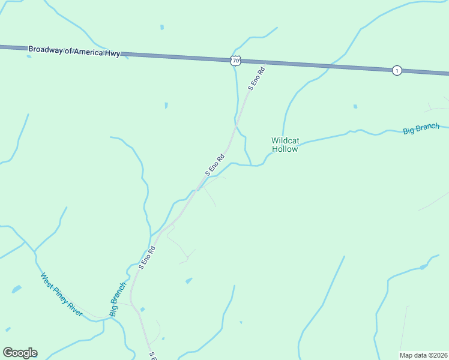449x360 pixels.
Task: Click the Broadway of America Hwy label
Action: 74,52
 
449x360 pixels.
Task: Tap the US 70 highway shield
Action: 235,60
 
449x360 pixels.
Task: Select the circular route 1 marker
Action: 397,70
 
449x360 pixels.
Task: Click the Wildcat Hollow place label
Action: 285,145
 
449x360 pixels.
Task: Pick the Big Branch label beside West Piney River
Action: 118,299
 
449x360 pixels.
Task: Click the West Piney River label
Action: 61,295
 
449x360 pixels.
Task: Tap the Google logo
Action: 20,353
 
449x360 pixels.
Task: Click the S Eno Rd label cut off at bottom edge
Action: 152,356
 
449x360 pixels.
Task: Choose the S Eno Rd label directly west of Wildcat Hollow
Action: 214,164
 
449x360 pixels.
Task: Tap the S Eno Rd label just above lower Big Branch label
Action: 147,257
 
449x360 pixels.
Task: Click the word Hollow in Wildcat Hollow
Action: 285,149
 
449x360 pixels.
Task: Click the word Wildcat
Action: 285,140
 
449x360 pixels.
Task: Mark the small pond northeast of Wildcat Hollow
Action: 355,107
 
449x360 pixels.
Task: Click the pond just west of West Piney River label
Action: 16,289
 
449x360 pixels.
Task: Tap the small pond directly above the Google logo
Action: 8,329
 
